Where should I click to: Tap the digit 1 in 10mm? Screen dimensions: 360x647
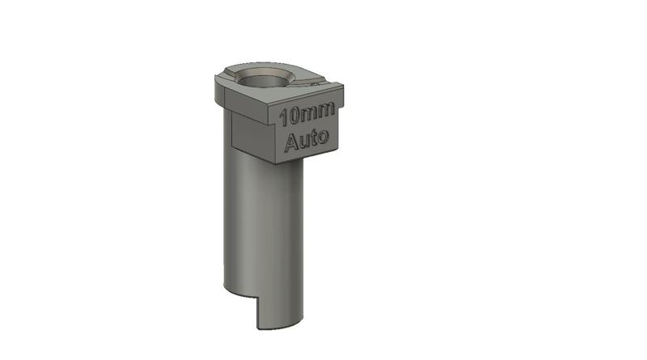(x=282, y=116)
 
